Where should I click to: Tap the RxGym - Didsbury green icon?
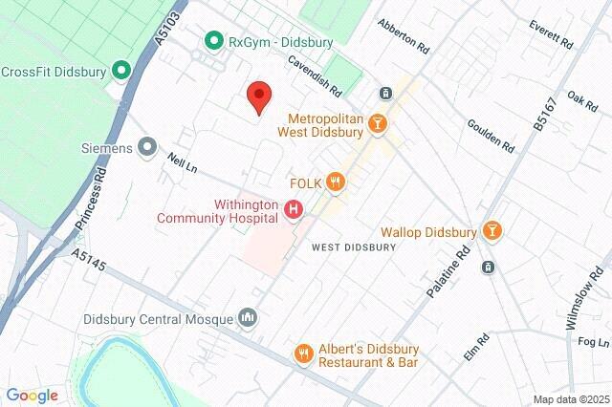214,41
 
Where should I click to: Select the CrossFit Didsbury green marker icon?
120,71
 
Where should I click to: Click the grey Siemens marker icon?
146,147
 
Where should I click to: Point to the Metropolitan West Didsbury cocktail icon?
379,122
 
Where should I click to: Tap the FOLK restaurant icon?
334,181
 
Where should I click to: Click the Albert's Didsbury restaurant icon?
303,353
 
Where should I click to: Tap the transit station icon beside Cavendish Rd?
384,93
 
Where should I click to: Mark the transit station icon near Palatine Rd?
489,267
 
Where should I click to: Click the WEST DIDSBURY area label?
354,246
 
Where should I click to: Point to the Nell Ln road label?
181,164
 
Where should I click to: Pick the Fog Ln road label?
593,342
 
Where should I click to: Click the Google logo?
32,396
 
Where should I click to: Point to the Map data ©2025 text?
570,398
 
